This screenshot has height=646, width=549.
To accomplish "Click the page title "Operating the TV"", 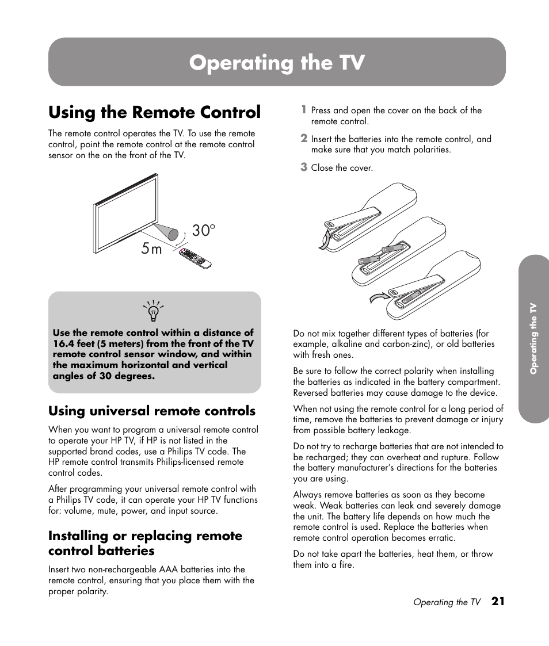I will [277, 62].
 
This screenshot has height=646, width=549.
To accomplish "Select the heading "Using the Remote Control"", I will [154, 112].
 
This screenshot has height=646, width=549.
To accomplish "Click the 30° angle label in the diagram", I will [203, 231].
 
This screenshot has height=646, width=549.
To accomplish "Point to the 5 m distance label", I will [151, 249].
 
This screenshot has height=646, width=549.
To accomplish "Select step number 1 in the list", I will [304, 109].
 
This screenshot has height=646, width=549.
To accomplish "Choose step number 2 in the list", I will [304, 138].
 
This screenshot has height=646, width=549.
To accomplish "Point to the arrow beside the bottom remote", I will [378, 296].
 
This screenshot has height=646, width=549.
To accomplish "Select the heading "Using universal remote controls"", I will [152, 411].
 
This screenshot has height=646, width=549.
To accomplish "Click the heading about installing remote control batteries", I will [145, 543].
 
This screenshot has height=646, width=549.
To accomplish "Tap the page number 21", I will [498, 602].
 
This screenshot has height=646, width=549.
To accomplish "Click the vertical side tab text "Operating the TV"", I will [533, 339].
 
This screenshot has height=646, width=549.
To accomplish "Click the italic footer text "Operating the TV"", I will [447, 602].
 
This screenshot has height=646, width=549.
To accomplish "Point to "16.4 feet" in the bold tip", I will [72, 343].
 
